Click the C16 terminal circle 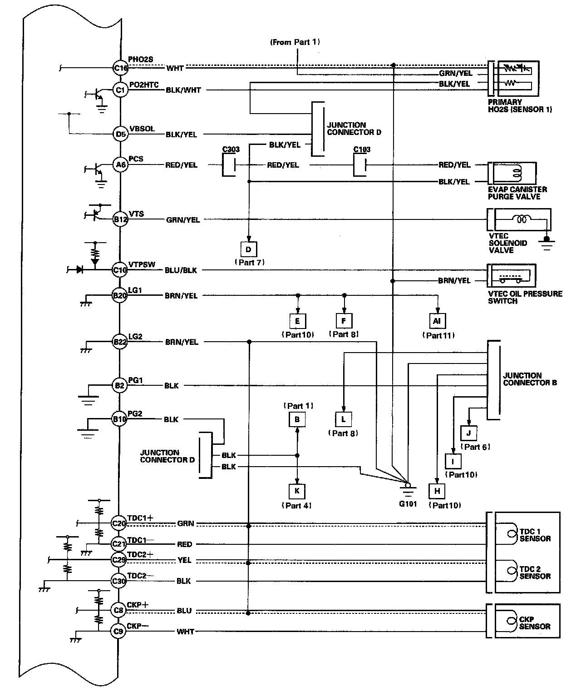(120, 68)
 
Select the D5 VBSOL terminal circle (120, 134)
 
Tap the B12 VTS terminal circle (120, 219)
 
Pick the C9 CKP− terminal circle (118, 631)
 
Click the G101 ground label (407, 504)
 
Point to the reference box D (248, 249)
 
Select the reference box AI (437, 321)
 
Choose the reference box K (297, 491)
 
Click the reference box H (437, 491)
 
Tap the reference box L (343, 419)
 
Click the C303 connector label (231, 149)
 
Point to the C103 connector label (362, 149)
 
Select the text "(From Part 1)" (295, 42)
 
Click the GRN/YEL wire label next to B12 (182, 220)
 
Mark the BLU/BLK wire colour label (181, 270)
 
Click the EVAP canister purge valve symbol (512, 174)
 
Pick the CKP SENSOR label (535, 623)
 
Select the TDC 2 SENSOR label (535, 573)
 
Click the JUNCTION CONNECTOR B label (530, 379)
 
